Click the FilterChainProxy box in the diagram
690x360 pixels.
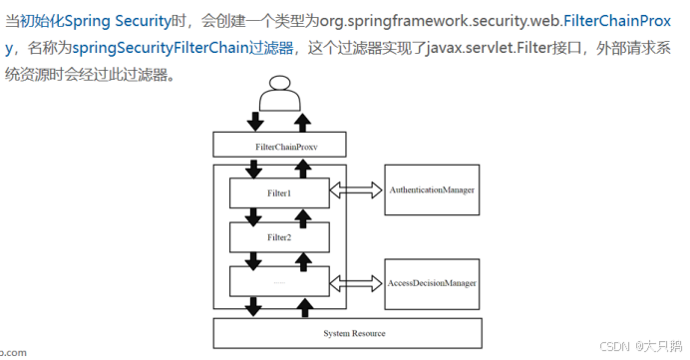tap(280, 147)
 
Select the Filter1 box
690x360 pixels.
tap(280, 192)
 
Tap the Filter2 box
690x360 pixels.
tap(280, 237)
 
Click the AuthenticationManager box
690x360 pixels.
tap(431, 188)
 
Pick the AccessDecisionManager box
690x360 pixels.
tap(431, 282)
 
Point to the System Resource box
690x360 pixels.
tap(354, 332)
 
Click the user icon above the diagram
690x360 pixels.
tap(280, 99)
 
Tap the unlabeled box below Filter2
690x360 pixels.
tap(280, 283)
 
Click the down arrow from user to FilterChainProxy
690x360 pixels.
tap(256, 122)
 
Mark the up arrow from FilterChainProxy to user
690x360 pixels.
tap(304, 122)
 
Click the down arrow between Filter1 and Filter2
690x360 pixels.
tap(256, 214)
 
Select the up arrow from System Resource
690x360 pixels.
tap(304, 308)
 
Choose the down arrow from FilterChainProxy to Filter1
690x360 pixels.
tap(256, 169)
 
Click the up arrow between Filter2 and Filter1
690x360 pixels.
tap(304, 214)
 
